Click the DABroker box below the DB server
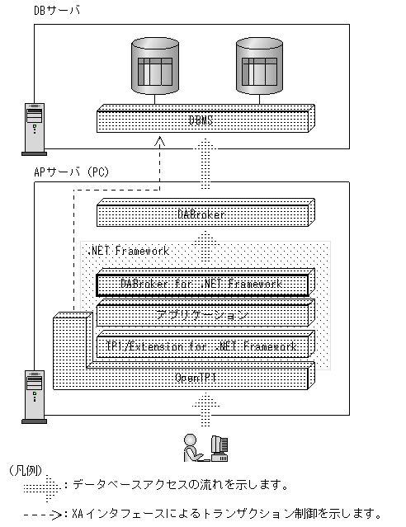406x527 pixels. [x=203, y=214]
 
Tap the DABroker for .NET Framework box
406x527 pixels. [x=202, y=284]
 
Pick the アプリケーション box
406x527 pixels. [x=203, y=315]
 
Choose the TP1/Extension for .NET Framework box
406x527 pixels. [x=203, y=346]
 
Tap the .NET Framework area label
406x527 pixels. [x=128, y=250]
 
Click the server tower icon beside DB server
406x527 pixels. [x=34, y=128]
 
